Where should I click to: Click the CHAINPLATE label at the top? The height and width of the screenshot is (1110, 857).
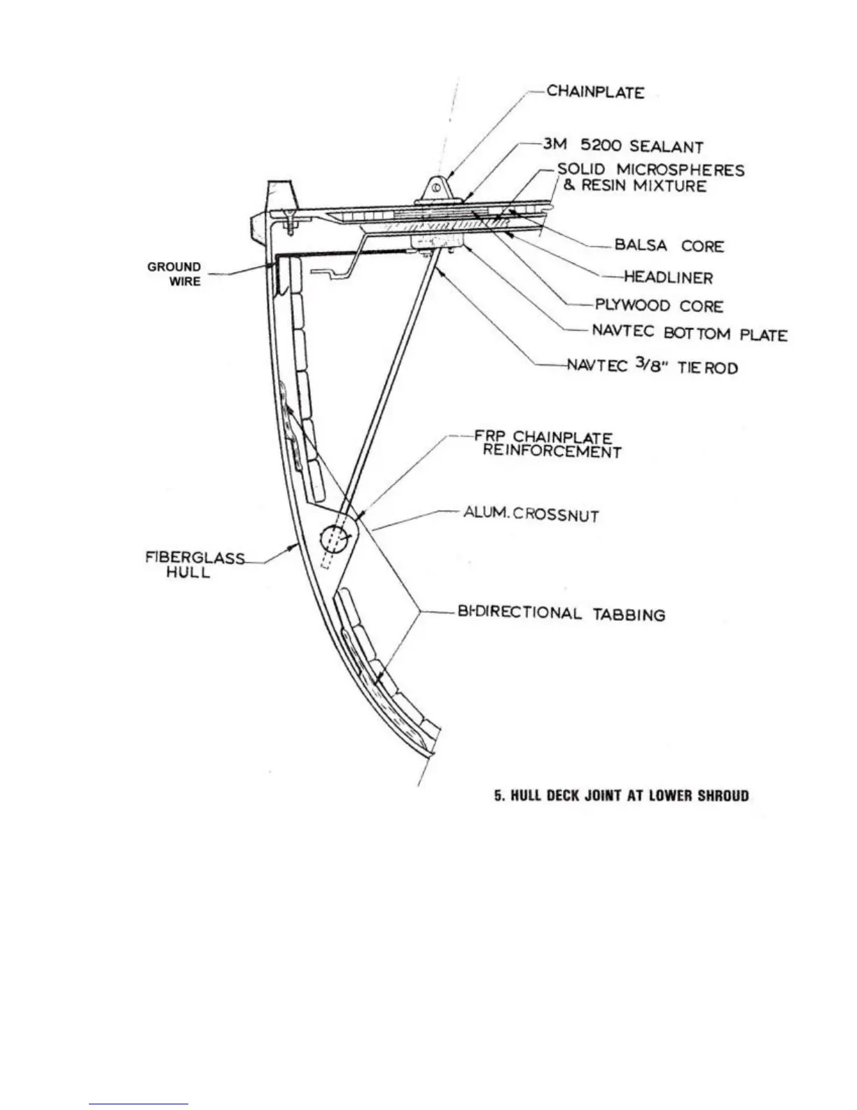pyautogui.click(x=595, y=92)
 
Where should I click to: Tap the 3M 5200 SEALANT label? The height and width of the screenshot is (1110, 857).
pyautogui.click(x=622, y=146)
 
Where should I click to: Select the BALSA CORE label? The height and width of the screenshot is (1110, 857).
pyautogui.click(x=669, y=246)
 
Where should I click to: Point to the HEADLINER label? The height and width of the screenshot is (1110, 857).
pyautogui.click(x=668, y=277)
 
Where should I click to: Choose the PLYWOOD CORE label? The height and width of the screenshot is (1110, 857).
pyautogui.click(x=659, y=306)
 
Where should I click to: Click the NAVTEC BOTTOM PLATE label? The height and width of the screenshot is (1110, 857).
pyautogui.click(x=690, y=334)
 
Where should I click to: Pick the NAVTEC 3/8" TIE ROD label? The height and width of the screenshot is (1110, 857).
pyautogui.click(x=653, y=366)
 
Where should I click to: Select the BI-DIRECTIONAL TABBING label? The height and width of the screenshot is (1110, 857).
pyautogui.click(x=561, y=614)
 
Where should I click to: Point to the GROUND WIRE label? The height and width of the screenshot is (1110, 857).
pyautogui.click(x=175, y=274)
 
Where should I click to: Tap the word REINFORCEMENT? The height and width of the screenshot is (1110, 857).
pyautogui.click(x=552, y=452)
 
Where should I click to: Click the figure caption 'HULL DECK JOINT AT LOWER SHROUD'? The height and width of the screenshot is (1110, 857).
pyautogui.click(x=621, y=795)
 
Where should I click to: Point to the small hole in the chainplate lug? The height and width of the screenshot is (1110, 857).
pyautogui.click(x=436, y=187)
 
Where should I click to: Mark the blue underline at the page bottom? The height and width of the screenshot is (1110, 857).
pyautogui.click(x=139, y=1104)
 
